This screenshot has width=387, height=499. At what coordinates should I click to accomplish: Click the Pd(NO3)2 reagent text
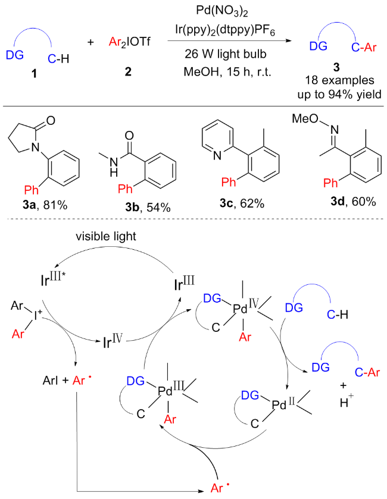click(220, 10)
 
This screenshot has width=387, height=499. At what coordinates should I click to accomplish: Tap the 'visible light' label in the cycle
click(108, 236)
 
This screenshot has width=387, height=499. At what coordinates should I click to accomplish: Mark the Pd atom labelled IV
click(241, 310)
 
